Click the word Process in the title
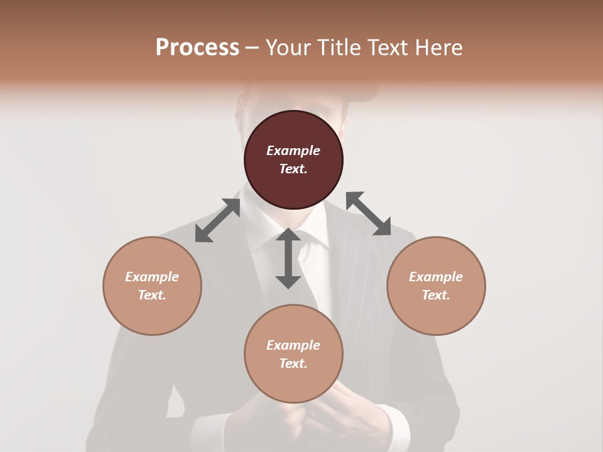pyautogui.click(x=197, y=48)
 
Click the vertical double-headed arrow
pyautogui.click(x=288, y=258)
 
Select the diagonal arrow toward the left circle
pyautogui.click(x=217, y=220)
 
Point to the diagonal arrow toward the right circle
pyautogui.click(x=369, y=213)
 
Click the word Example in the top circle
pyautogui.click(x=293, y=151)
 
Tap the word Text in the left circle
pyautogui.click(x=152, y=295)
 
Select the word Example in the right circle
pyautogui.click(x=436, y=277)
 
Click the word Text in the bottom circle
pyautogui.click(x=293, y=363)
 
